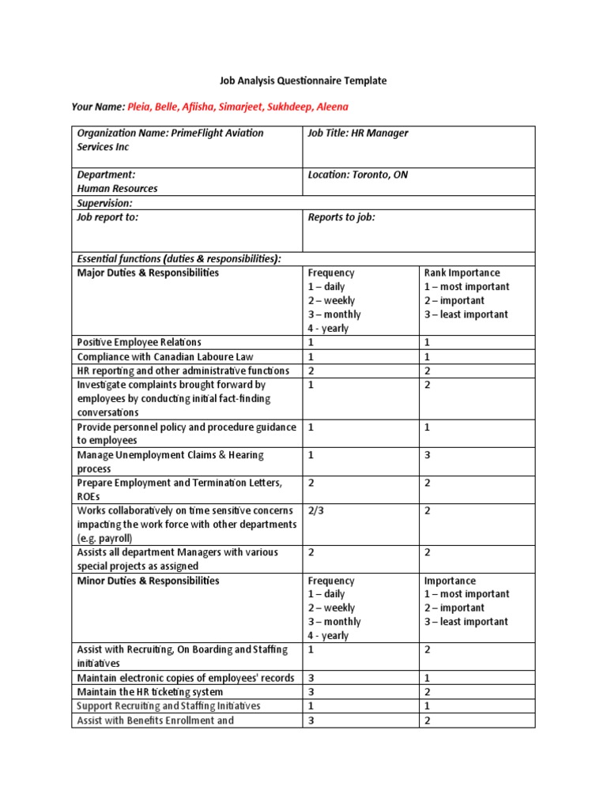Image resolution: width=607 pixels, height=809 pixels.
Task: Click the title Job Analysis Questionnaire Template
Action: tap(303, 81)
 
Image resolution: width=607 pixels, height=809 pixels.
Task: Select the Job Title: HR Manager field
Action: tap(358, 134)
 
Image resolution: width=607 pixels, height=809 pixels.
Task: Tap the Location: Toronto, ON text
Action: tap(358, 175)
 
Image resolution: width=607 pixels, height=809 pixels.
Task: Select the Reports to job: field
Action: tap(341, 217)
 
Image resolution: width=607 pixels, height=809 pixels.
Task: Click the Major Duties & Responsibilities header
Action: tap(148, 273)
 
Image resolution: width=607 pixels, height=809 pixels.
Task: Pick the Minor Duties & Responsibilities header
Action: tap(148, 581)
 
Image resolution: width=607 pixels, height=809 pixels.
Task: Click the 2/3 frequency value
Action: tap(316, 510)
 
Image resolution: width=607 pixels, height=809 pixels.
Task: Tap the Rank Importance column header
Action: tap(463, 273)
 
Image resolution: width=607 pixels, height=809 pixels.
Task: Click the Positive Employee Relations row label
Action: tap(139, 342)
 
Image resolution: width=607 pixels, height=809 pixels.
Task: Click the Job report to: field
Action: tap(107, 217)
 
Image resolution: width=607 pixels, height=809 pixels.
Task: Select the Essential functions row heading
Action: tap(179, 258)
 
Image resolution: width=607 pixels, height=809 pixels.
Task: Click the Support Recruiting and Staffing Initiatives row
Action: tap(168, 706)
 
